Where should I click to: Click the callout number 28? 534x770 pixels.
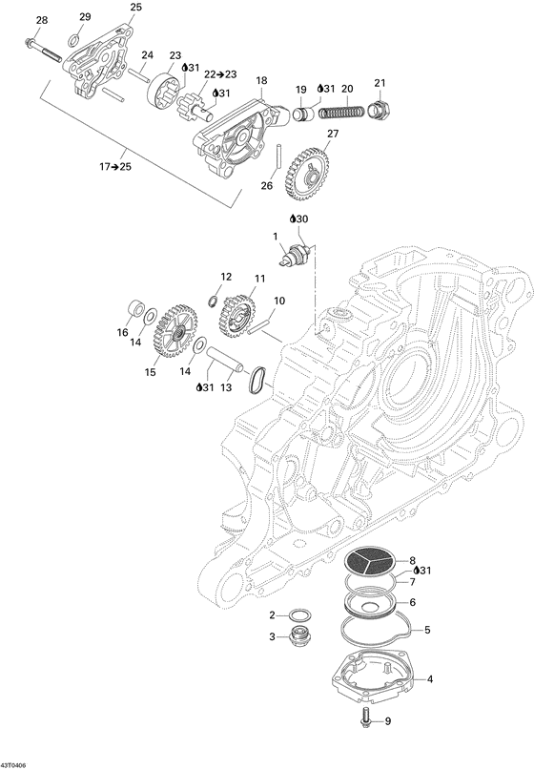pyautogui.click(x=40, y=20)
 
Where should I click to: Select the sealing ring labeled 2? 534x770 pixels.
pyautogui.click(x=302, y=614)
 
